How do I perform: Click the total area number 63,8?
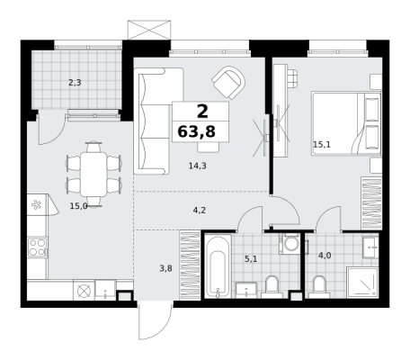tap(196, 131)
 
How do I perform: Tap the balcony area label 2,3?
tap(75, 83)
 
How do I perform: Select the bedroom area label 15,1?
tap(322, 145)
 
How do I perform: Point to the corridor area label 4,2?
tap(200, 211)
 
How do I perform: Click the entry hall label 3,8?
tap(165, 268)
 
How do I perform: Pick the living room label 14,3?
tap(198, 166)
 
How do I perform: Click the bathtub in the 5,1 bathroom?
tap(218, 266)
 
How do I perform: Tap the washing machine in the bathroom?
tap(290, 243)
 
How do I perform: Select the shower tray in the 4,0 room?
tap(362, 283)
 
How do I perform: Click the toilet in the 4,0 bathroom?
tap(319, 287)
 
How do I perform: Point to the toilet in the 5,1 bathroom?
tap(272, 287)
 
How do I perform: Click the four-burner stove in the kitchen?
tap(38, 247)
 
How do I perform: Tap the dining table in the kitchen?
tap(94, 175)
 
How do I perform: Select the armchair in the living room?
tap(228, 83)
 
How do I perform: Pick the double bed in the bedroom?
tap(346, 123)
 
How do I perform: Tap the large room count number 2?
tap(202, 112)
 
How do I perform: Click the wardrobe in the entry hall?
tap(190, 265)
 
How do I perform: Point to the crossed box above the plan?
tap(149, 30)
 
